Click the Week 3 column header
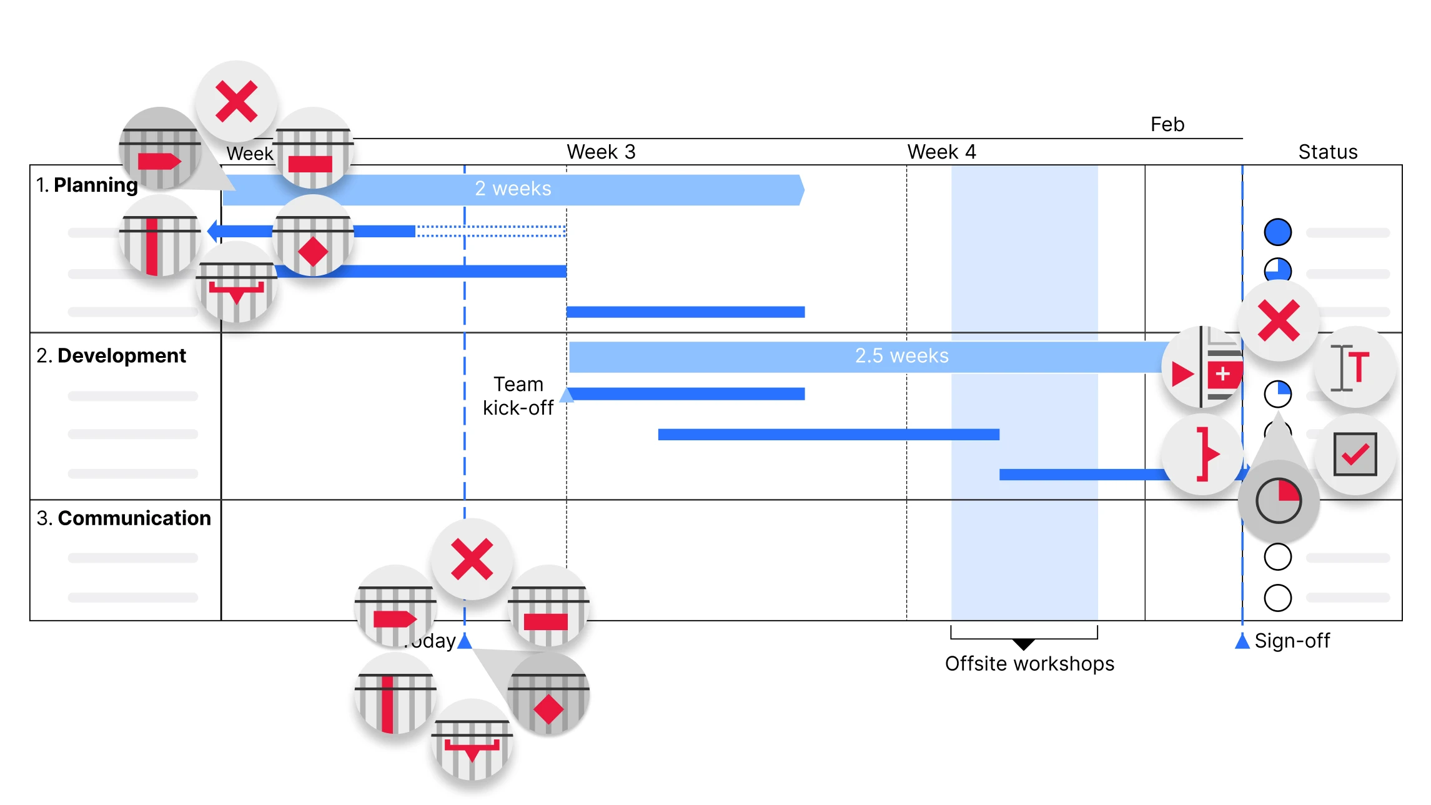[600, 152]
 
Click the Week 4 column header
[941, 152]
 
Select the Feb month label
[1167, 124]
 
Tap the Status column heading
[1327, 152]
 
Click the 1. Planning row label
[87, 185]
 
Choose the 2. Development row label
[111, 355]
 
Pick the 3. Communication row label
[124, 518]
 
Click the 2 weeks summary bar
[512, 189]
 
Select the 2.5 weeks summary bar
[874, 356]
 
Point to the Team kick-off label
[518, 395]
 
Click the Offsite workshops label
[1029, 663]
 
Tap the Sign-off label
[1292, 641]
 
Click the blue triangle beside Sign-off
[1242, 641]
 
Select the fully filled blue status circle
[1277, 232]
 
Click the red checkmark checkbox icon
[1354, 455]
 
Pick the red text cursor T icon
[1354, 367]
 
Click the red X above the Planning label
[236, 101]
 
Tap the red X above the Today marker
[472, 559]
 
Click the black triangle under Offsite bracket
[1023, 644]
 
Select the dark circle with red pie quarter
[1278, 500]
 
